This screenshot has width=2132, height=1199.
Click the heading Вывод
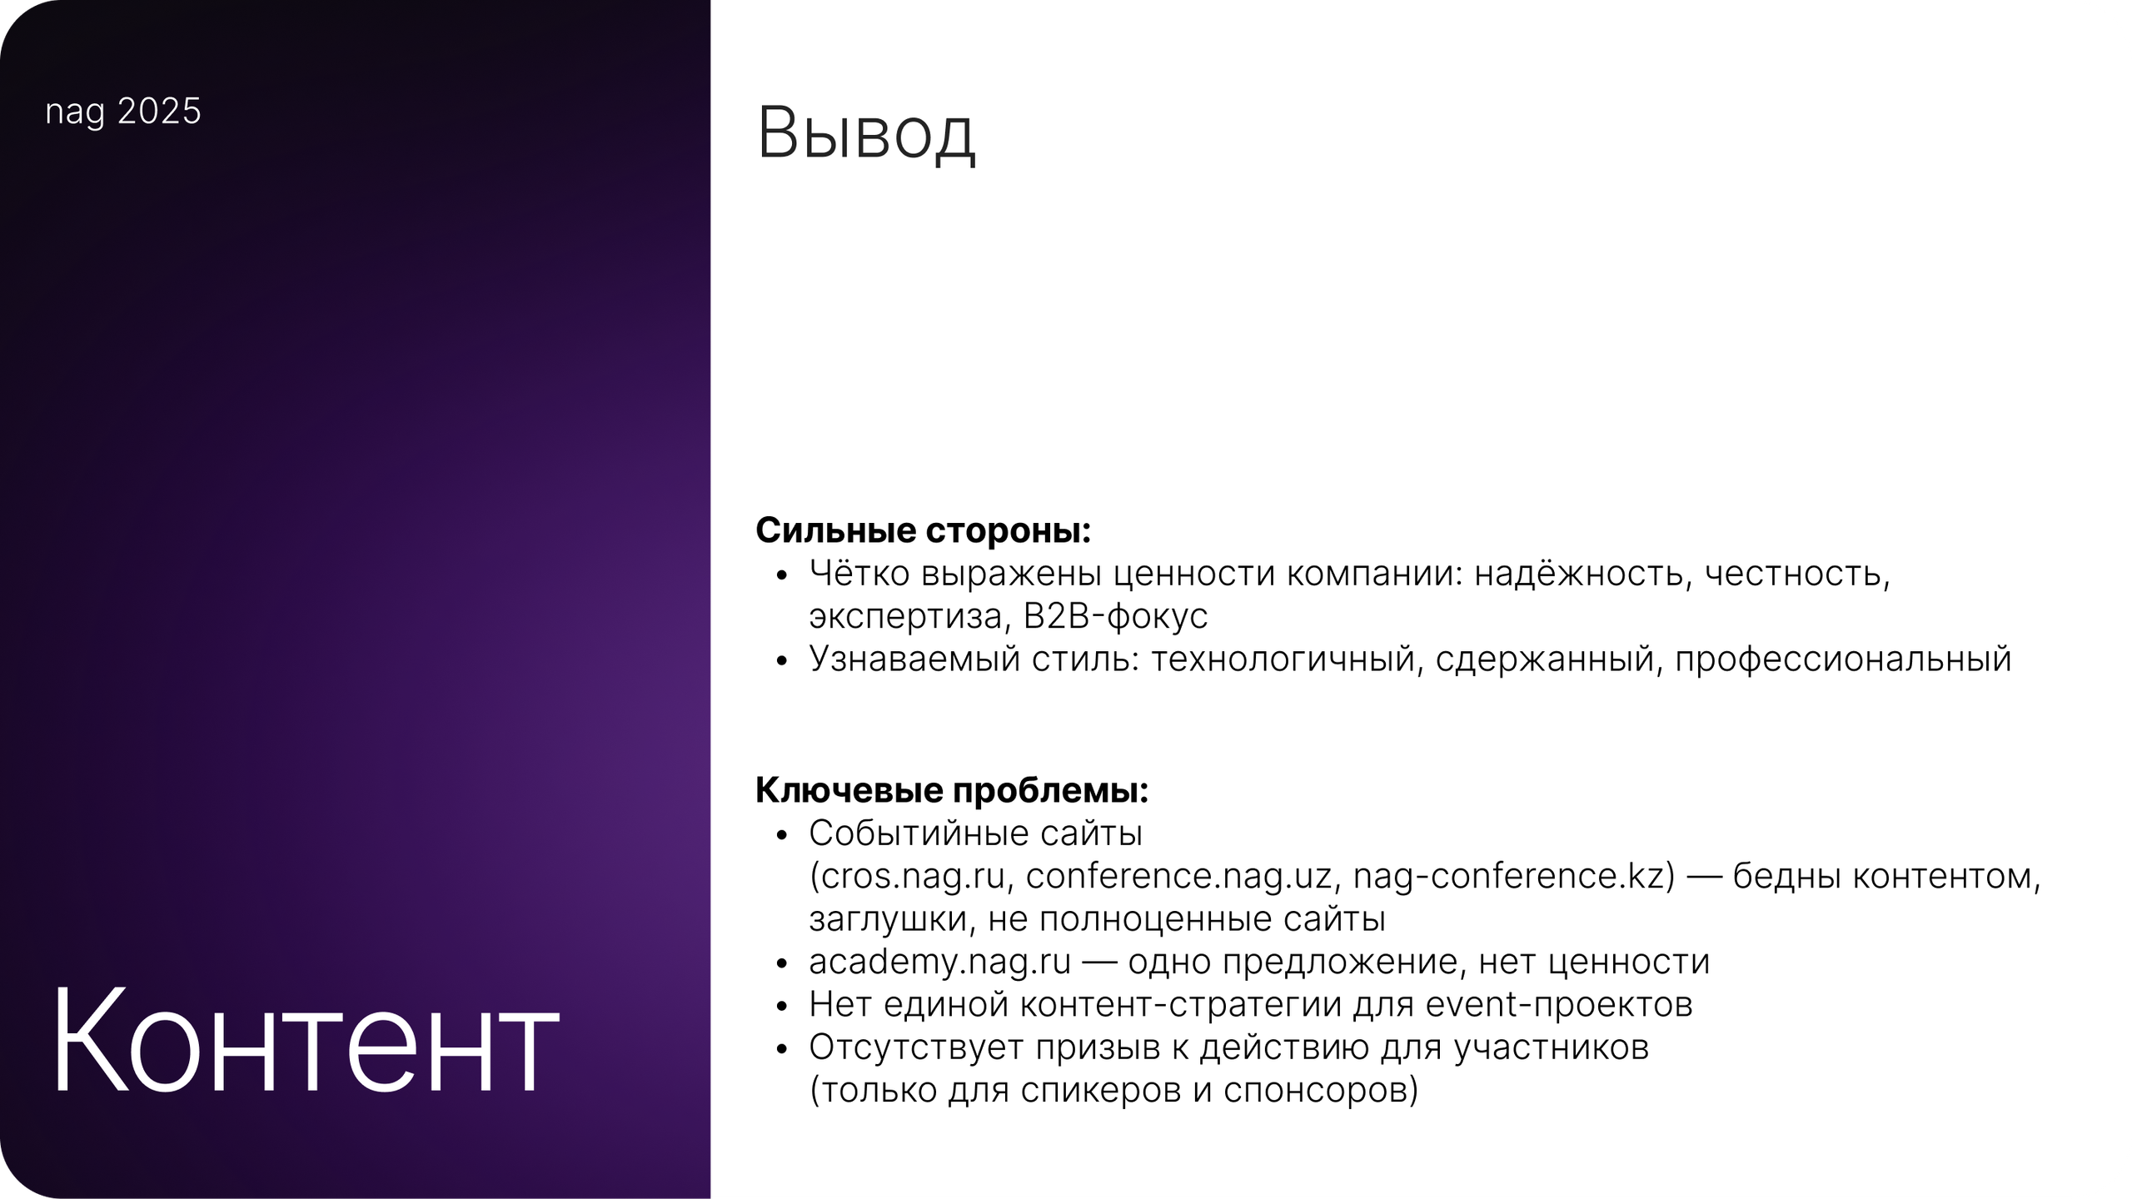pos(865,134)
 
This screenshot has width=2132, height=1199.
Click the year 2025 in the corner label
pos(159,112)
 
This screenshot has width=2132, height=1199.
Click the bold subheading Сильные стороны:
pos(923,531)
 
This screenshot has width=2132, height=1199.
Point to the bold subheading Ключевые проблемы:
pos(952,790)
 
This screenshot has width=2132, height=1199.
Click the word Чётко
pos(858,574)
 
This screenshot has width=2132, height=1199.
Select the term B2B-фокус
pos(1115,616)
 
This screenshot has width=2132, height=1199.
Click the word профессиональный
pos(1843,659)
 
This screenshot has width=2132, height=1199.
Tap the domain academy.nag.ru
pos(939,963)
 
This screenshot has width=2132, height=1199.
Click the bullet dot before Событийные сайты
pos(780,835)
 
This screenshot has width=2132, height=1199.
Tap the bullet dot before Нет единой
pos(780,1007)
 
